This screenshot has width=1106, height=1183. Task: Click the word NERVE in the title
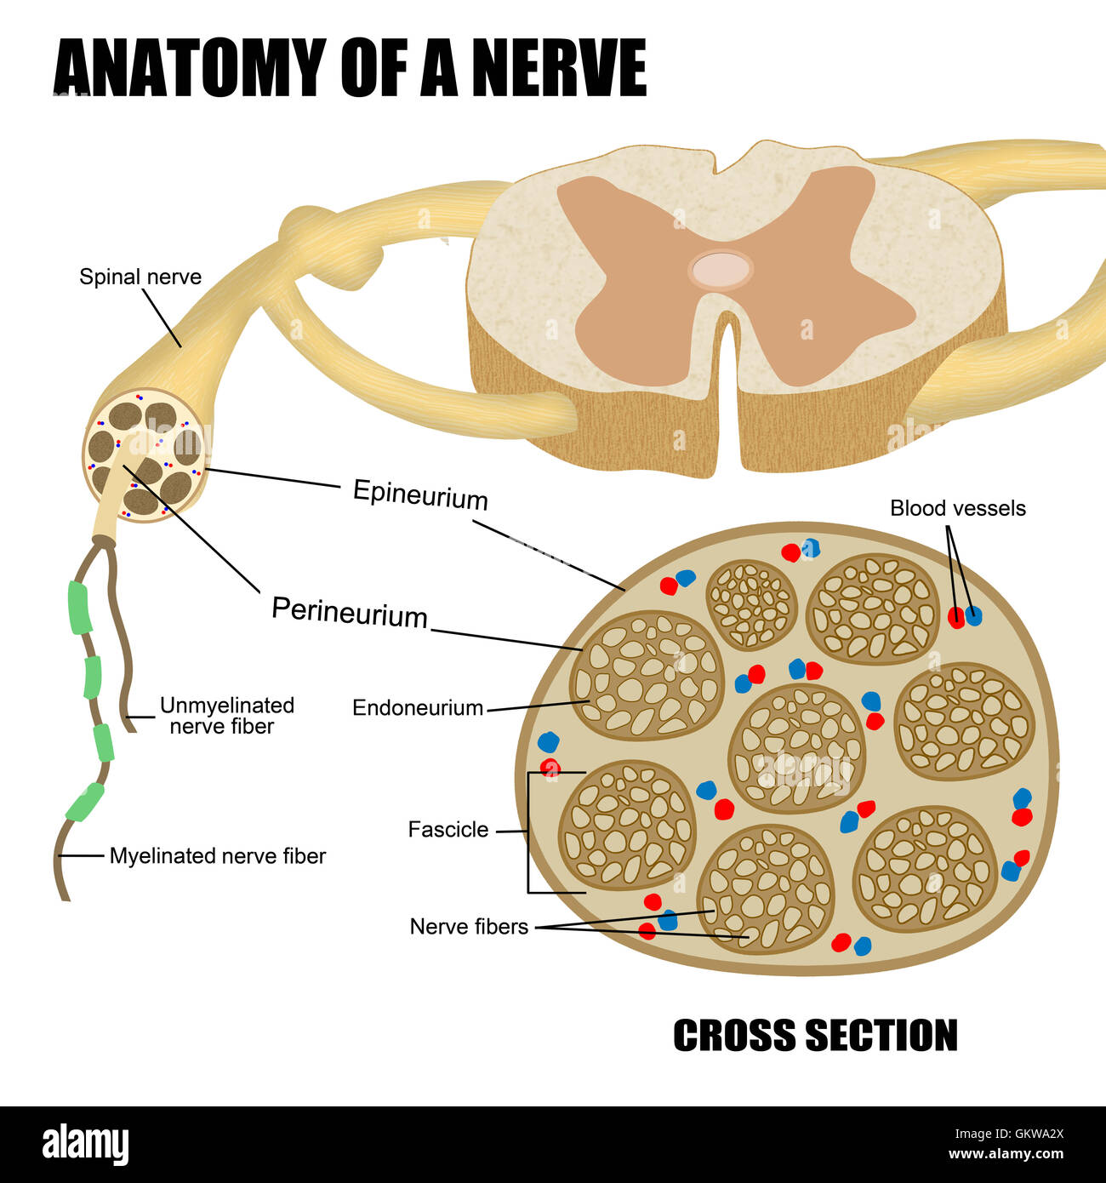click(x=558, y=68)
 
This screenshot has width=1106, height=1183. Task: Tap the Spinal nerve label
click(x=140, y=277)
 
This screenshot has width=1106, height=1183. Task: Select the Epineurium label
click(x=420, y=494)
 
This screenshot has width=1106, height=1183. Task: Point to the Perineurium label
click(x=349, y=612)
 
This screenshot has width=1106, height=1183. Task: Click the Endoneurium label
click(x=418, y=707)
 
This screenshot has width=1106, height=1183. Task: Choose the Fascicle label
click(x=448, y=830)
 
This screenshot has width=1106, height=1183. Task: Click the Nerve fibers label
click(x=469, y=926)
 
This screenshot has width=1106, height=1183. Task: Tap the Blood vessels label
click(x=957, y=508)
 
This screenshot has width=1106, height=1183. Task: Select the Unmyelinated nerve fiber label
click(x=226, y=716)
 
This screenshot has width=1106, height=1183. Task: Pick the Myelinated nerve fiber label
click(x=218, y=856)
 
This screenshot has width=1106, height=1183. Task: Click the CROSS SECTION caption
click(x=815, y=1036)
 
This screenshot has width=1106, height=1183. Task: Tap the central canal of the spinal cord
click(x=721, y=270)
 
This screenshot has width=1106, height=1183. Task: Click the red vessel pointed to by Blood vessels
click(x=956, y=619)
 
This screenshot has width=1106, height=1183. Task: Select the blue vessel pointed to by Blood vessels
click(x=973, y=615)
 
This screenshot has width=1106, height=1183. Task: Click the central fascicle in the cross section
click(x=796, y=747)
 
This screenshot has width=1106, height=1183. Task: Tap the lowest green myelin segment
click(x=85, y=802)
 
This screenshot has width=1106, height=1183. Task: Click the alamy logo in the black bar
click(x=85, y=1145)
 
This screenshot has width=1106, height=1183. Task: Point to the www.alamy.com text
click(x=1006, y=1155)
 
